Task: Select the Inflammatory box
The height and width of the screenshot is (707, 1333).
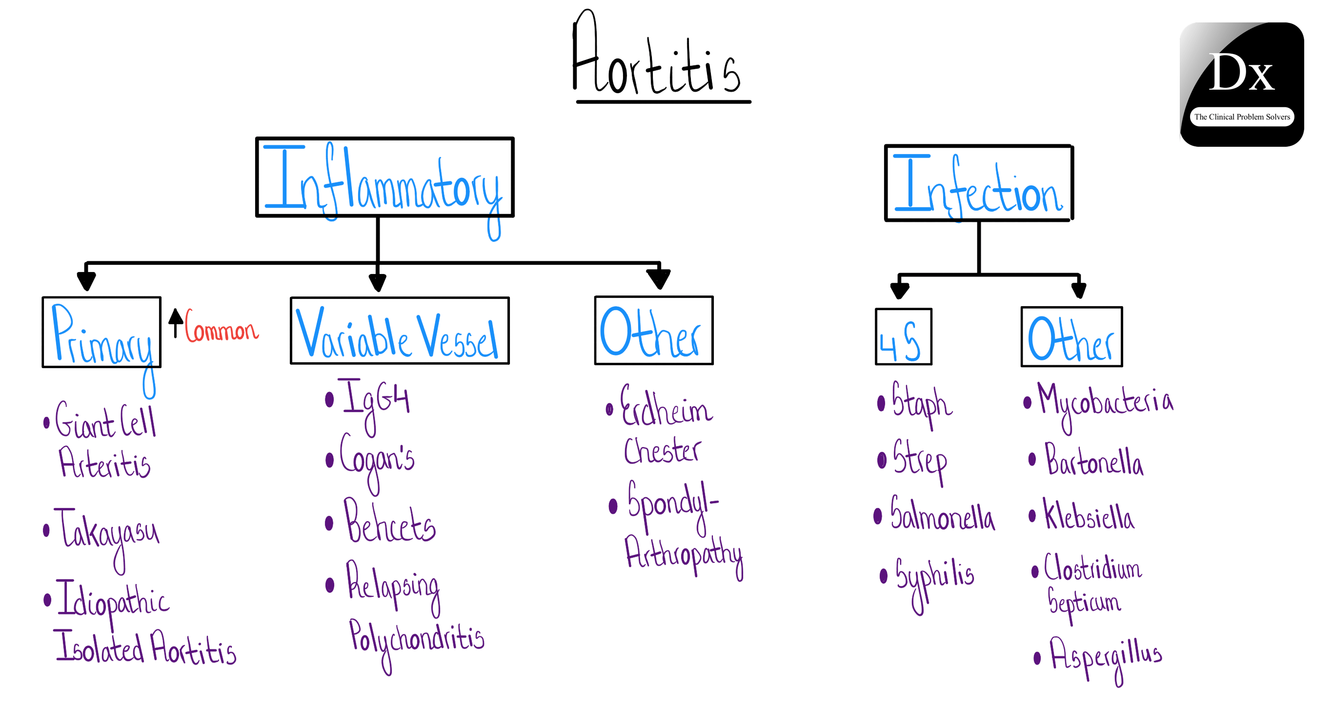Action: pyautogui.click(x=384, y=177)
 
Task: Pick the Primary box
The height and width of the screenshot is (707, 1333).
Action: pyautogui.click(x=101, y=333)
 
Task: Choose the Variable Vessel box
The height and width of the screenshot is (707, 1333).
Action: pyautogui.click(x=400, y=331)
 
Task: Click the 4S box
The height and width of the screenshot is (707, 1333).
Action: pyautogui.click(x=903, y=337)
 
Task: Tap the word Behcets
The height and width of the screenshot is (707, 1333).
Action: pyautogui.click(x=390, y=522)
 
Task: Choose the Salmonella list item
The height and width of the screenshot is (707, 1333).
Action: pyautogui.click(x=942, y=514)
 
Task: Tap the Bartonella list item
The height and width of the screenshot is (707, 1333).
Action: pyautogui.click(x=1094, y=460)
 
